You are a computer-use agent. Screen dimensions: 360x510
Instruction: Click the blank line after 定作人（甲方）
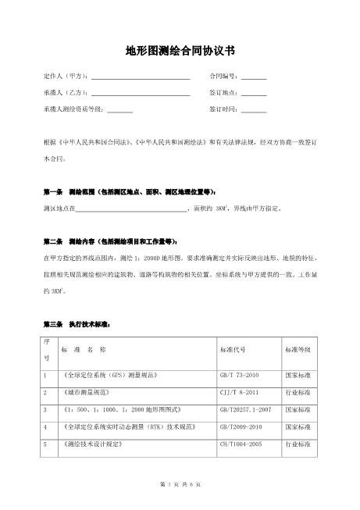(x=141, y=77)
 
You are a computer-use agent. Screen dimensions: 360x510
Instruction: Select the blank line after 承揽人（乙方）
(x=141, y=93)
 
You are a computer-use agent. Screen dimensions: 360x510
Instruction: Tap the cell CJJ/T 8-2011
(x=237, y=392)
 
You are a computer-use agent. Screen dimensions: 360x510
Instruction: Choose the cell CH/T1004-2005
(x=240, y=444)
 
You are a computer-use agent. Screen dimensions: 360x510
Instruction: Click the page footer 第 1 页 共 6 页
(x=180, y=486)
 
